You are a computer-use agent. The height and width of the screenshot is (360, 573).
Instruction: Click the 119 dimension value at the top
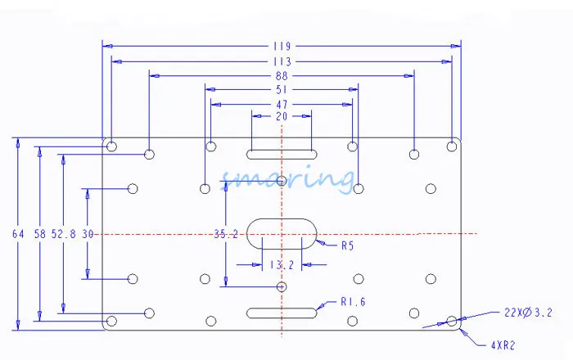coord(282,47)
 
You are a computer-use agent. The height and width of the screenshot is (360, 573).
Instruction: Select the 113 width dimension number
coord(282,61)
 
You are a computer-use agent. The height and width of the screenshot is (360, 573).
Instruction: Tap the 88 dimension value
coord(282,76)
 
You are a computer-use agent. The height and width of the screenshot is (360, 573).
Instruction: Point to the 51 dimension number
coord(282,90)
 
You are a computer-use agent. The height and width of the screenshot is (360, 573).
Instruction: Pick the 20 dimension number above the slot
coord(282,117)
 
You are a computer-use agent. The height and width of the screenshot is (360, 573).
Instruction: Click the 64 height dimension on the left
coord(18,234)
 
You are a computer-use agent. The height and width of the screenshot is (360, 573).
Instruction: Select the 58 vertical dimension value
coord(40,234)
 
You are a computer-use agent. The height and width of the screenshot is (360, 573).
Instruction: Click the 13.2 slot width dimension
coord(281,264)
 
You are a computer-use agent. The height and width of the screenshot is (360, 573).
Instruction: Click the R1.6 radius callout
coord(352,302)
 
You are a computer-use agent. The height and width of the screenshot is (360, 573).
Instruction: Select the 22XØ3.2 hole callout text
coord(527,312)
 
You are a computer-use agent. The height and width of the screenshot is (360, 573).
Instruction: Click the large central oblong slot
coord(282,232)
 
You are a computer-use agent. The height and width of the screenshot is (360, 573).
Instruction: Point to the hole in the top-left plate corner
coord(112,146)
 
